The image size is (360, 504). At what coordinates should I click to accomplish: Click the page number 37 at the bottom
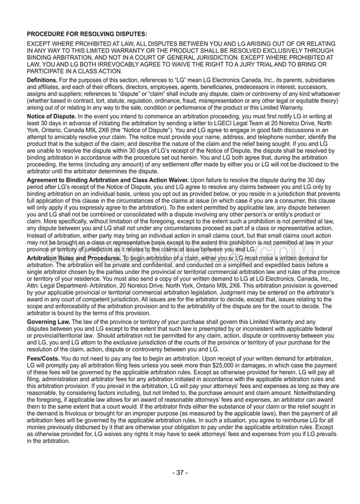(180, 488)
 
